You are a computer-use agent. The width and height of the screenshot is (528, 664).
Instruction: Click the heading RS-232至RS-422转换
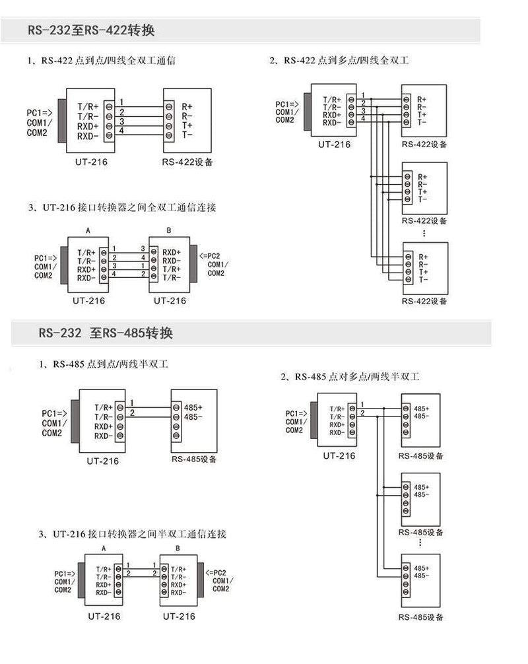(x=91, y=30)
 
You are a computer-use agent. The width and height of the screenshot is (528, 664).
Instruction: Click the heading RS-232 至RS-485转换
(x=106, y=333)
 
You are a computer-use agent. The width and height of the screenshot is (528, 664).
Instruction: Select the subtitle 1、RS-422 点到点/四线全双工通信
(x=101, y=61)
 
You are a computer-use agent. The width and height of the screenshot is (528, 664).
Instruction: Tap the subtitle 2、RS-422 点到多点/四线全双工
(x=340, y=61)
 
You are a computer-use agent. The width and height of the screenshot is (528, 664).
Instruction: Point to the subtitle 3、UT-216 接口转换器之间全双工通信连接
(x=122, y=207)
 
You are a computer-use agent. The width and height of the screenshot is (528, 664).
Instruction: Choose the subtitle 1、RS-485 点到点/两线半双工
(x=104, y=364)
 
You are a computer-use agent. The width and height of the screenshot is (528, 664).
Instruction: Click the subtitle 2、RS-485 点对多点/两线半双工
(x=350, y=376)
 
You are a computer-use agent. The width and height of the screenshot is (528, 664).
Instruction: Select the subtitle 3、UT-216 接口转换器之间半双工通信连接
(x=133, y=534)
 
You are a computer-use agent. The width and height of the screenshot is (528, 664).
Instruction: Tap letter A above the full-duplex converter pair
(x=88, y=230)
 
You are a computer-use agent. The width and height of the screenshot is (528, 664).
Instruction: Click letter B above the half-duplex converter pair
(x=178, y=548)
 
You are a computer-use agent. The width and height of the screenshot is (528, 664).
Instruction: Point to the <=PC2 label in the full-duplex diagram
(x=210, y=256)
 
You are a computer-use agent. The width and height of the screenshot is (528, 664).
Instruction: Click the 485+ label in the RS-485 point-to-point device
(x=193, y=407)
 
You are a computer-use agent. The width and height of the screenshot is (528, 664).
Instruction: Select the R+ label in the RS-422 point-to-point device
(x=187, y=107)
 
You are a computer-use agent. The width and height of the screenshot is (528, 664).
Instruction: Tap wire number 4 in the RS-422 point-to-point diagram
(x=121, y=131)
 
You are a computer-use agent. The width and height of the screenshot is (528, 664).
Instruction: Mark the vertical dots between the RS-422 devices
(x=424, y=233)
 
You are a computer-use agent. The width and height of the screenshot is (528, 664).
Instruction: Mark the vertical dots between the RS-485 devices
(x=420, y=543)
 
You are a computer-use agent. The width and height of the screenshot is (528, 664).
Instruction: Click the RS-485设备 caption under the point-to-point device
(x=194, y=459)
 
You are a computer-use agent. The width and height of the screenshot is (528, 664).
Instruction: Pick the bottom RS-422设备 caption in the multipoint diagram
(x=424, y=301)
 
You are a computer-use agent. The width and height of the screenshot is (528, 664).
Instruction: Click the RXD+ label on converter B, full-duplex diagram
(x=172, y=252)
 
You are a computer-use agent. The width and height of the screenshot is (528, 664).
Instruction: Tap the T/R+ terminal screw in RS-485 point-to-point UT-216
(x=120, y=407)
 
